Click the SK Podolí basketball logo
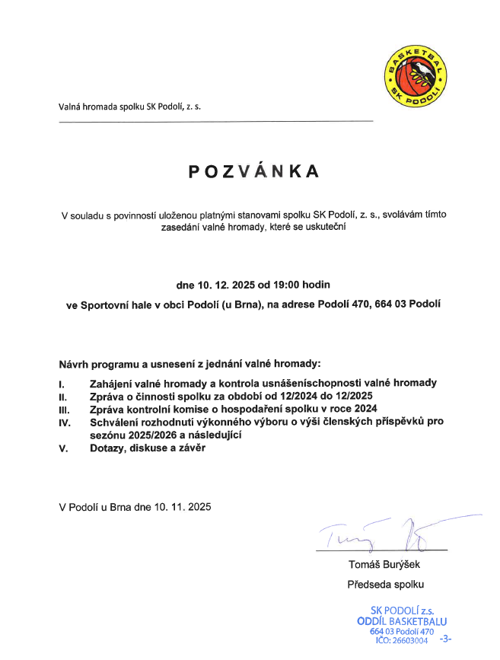click(416, 75)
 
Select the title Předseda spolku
click(385, 585)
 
